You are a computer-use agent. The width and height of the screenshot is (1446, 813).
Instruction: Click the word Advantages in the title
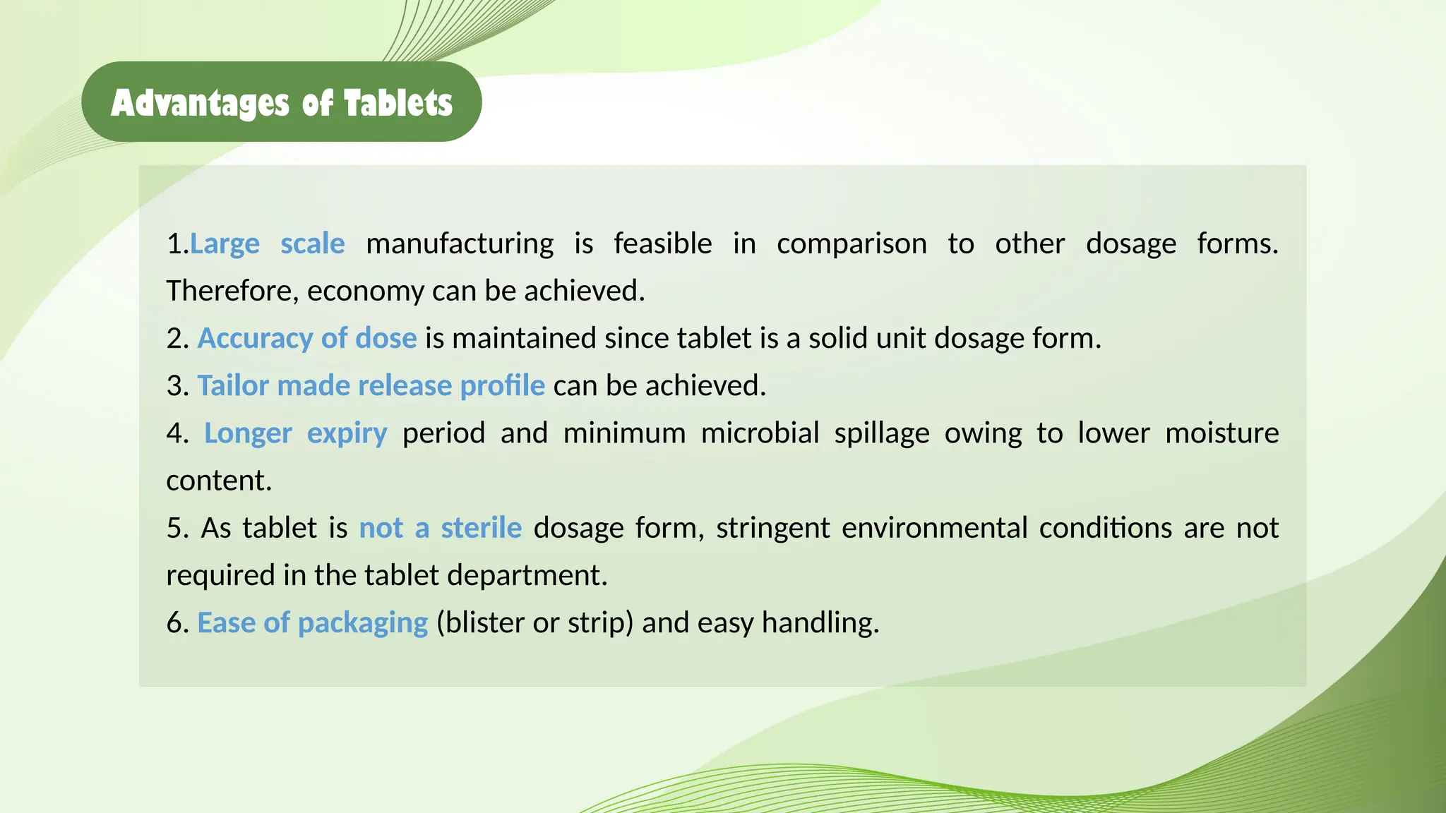[x=200, y=103]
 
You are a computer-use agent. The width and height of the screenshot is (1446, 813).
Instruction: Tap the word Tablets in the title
[x=398, y=103]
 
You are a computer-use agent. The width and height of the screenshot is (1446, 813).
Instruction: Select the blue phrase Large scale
[x=268, y=244]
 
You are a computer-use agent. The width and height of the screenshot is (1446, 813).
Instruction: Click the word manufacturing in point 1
[x=460, y=244]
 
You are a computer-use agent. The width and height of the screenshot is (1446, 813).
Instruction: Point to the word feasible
[x=662, y=244]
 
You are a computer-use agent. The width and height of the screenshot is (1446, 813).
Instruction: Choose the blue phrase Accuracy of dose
[x=307, y=339]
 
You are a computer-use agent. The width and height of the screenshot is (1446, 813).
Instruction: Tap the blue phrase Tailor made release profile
[x=371, y=386]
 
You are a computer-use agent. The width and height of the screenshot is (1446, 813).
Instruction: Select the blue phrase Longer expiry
[x=295, y=433]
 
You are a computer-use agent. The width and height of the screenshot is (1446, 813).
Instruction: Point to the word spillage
[x=881, y=433]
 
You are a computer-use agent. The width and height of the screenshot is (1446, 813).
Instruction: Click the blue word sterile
[x=481, y=529]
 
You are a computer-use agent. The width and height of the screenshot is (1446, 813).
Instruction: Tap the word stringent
[x=773, y=529]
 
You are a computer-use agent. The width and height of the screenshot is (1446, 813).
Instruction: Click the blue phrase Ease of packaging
[x=312, y=623]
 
